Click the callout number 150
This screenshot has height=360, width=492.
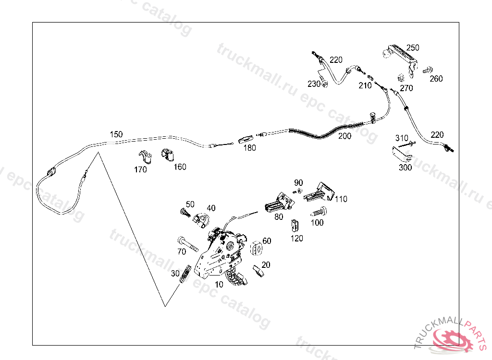[116, 134]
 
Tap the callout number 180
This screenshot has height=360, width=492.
[249, 148]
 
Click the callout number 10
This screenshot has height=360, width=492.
[219, 284]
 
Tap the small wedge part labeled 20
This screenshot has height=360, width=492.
[258, 271]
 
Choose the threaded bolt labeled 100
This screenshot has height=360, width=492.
[318, 211]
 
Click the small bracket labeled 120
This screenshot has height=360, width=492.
[295, 225]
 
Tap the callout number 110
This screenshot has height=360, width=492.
[341, 199]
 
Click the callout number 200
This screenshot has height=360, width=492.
[344, 136]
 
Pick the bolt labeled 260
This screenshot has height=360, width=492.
[427, 70]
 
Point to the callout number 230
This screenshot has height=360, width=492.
[314, 84]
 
